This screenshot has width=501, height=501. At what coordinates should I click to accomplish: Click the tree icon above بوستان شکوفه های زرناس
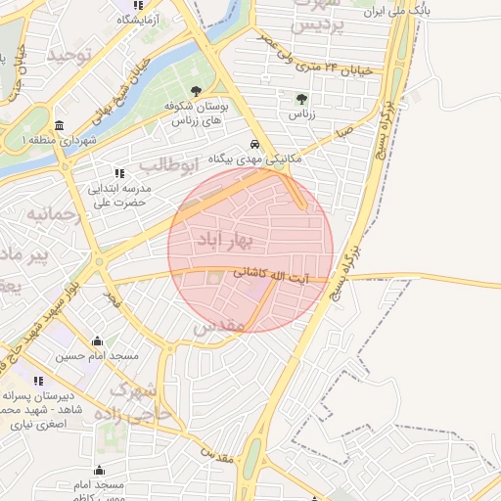(197, 91)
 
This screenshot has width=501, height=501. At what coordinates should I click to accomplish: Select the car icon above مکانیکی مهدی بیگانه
(253, 142)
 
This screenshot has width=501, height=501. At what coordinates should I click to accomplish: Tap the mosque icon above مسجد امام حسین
(98, 342)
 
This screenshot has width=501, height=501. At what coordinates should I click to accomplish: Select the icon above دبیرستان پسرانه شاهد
(38, 381)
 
